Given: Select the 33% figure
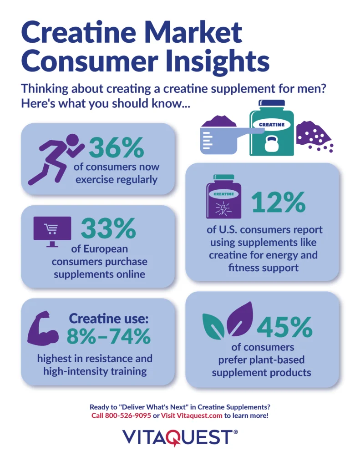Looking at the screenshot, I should pos(108,229).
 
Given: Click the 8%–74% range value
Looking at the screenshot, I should pos(108,337).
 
